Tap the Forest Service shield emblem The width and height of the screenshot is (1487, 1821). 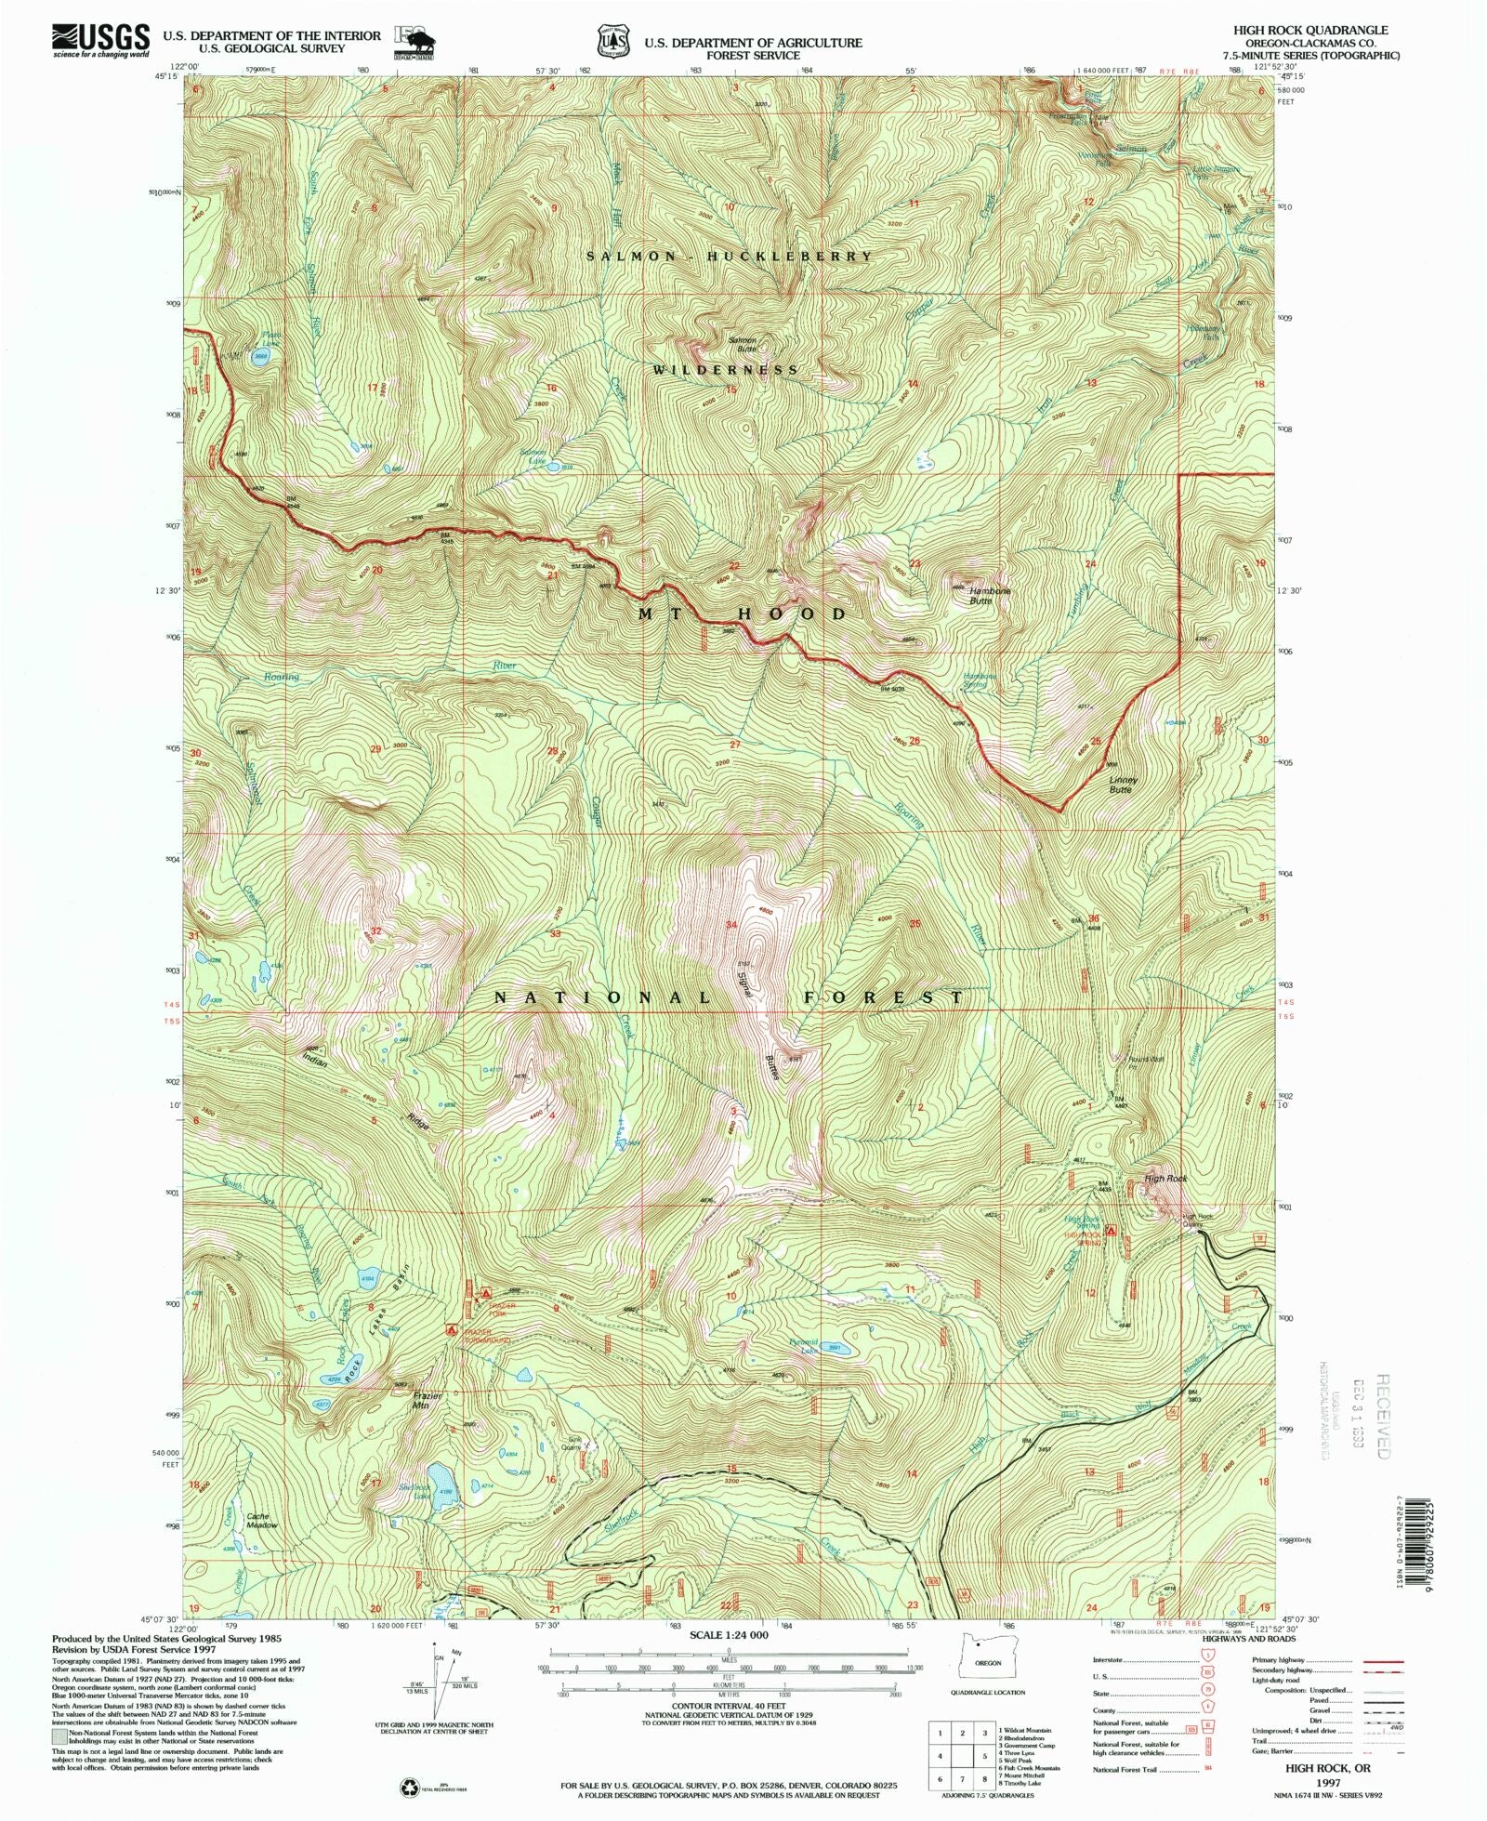click(612, 42)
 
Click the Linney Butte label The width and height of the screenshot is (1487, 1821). click(1122, 785)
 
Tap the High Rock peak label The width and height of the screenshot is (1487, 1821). click(1165, 1179)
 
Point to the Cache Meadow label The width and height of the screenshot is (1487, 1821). click(261, 1522)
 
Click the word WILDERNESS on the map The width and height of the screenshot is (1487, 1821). click(725, 369)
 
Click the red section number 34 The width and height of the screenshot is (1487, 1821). click(732, 924)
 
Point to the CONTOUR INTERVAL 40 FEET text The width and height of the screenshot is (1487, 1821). click(729, 1707)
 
